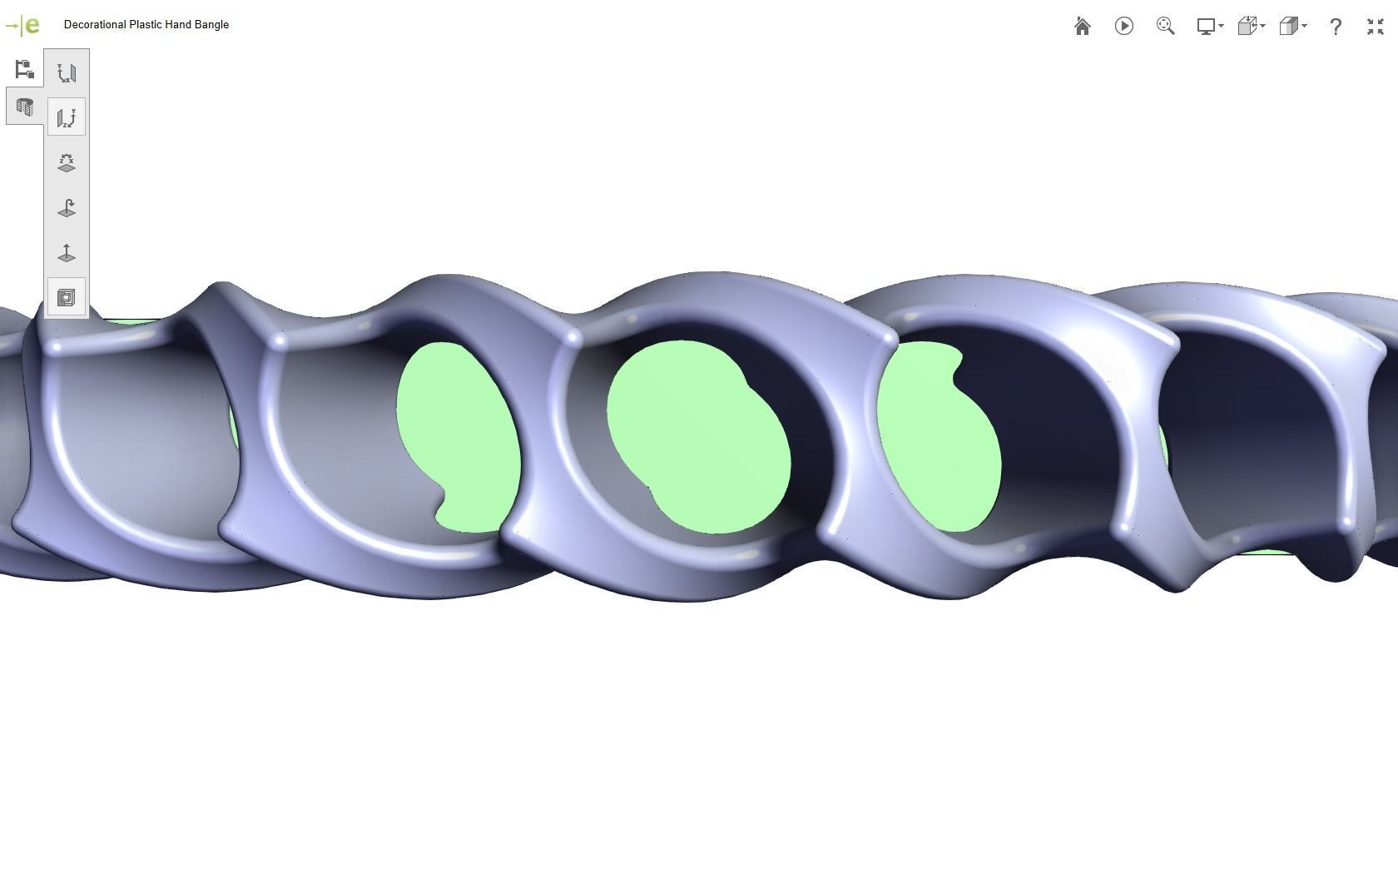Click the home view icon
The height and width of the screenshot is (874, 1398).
pyautogui.click(x=1082, y=27)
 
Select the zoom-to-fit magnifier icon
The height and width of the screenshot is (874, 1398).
pyautogui.click(x=1165, y=27)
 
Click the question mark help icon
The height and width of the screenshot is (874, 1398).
pyautogui.click(x=1336, y=27)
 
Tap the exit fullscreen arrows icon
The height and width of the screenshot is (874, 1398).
pyautogui.click(x=1375, y=27)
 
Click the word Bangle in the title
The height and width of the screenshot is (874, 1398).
pyautogui.click(x=211, y=25)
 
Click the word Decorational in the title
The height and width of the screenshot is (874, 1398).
pyautogui.click(x=94, y=25)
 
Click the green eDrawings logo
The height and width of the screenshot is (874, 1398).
pyautogui.click(x=22, y=26)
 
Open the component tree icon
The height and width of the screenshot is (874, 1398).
pyautogui.click(x=24, y=69)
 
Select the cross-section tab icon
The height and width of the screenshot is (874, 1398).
pyautogui.click(x=24, y=107)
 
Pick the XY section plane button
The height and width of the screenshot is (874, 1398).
pyautogui.click(x=67, y=73)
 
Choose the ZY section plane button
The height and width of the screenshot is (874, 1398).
pyautogui.click(x=67, y=117)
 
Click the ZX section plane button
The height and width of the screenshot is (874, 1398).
pyautogui.click(x=67, y=162)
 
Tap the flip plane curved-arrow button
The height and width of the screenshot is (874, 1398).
pyautogui.click(x=67, y=208)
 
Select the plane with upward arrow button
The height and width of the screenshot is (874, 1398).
pyautogui.click(x=67, y=253)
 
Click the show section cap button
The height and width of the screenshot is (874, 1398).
pyautogui.click(x=67, y=297)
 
